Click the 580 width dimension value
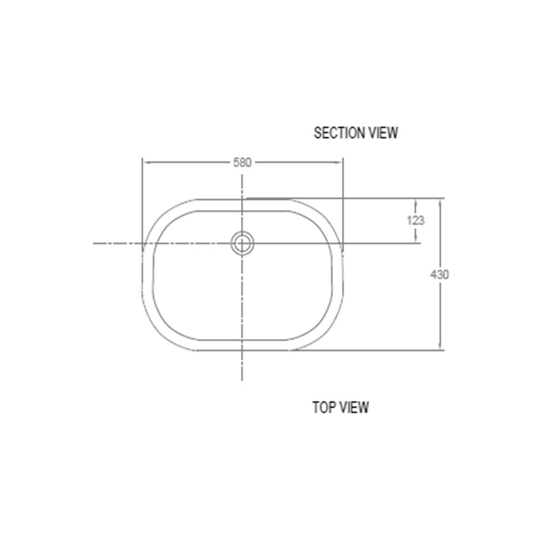(242, 162)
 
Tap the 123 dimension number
(416, 220)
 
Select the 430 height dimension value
(440, 275)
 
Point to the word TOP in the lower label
(324, 407)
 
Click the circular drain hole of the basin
(242, 243)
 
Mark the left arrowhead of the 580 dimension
(147, 162)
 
